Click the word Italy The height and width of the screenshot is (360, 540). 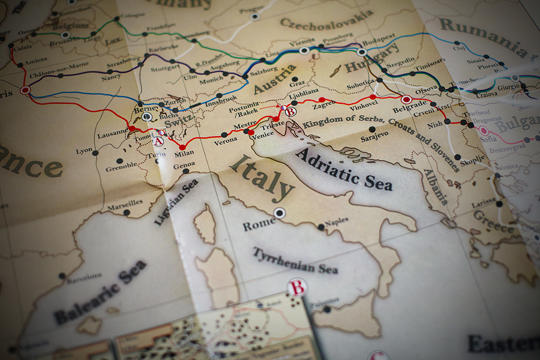(262, 178)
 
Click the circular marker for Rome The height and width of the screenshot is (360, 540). (279, 212)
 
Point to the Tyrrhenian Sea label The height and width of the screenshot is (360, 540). (295, 261)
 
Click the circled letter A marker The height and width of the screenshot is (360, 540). (158, 141)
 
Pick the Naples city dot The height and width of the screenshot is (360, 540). (322, 227)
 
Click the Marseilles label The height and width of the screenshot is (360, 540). (125, 203)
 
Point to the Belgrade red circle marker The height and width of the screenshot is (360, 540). (406, 99)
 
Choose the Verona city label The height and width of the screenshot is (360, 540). (226, 142)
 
